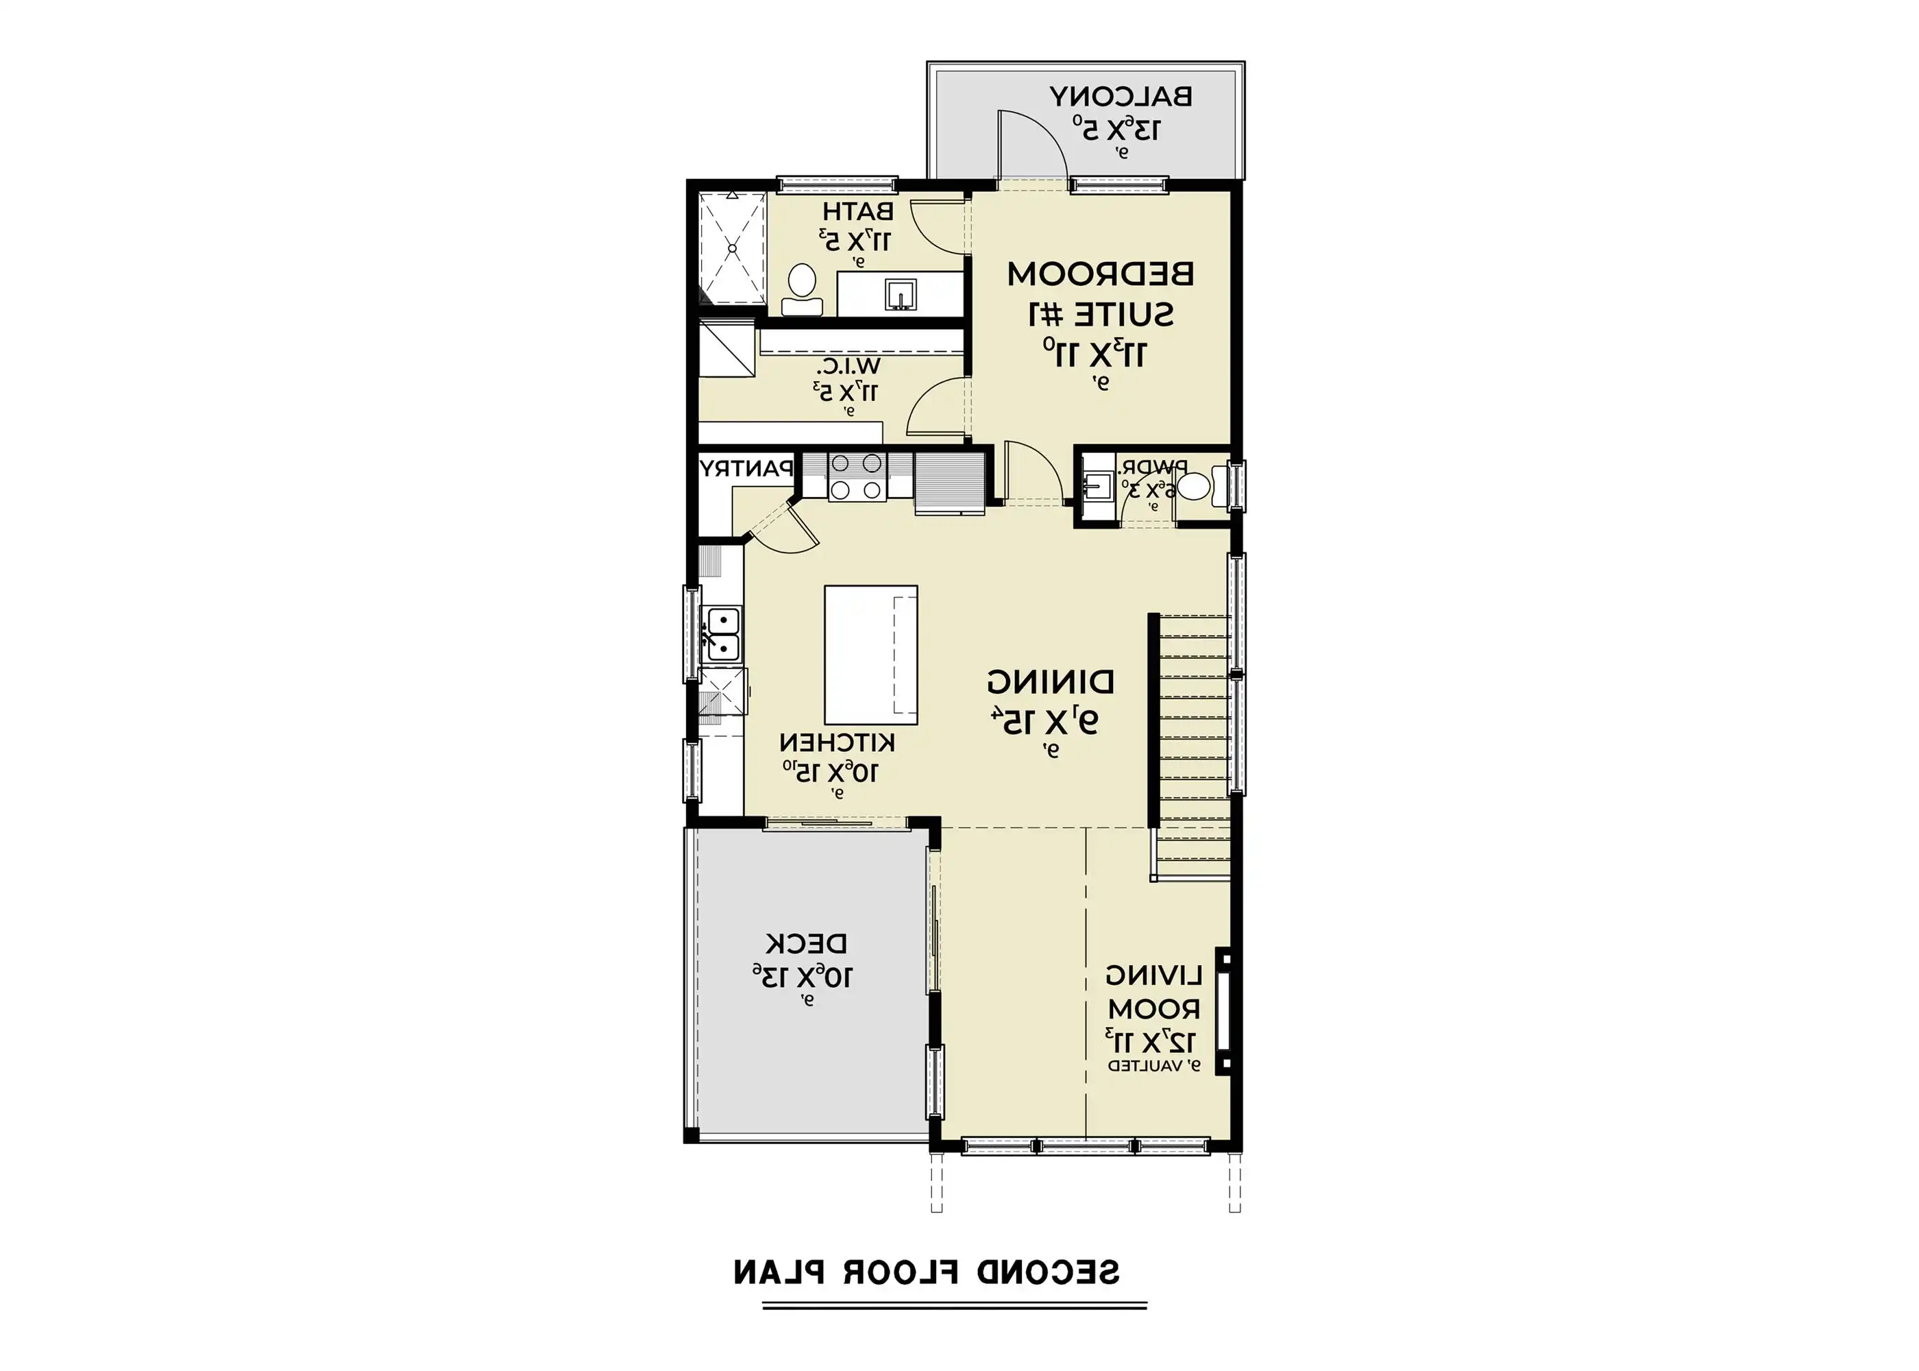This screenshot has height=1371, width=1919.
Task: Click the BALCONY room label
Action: tap(1121, 96)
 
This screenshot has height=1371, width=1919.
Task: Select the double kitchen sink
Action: tap(722, 633)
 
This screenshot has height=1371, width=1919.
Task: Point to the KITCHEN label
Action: tap(836, 743)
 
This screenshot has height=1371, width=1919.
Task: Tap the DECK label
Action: tap(806, 943)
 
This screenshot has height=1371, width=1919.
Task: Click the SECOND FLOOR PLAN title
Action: tap(926, 1272)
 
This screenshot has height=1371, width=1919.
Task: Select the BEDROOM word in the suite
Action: tap(1101, 274)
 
